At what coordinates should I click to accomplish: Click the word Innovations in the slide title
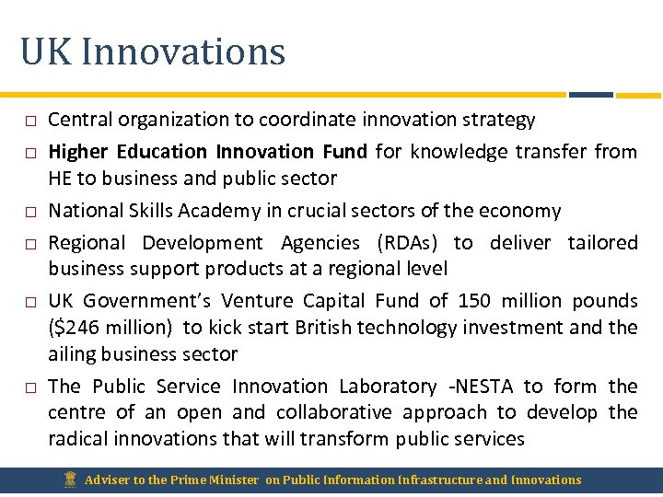pos(183,52)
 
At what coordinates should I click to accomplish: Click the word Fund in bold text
pos(345,151)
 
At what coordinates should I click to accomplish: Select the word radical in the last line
pos(78,439)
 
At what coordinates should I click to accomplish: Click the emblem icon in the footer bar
pos(70,479)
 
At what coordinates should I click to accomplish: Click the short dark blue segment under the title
pos(591,94)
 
